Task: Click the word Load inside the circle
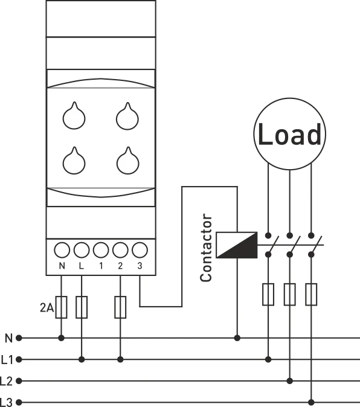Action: [x=289, y=135]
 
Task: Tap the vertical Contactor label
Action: [x=206, y=248]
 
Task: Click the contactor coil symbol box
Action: [x=237, y=244]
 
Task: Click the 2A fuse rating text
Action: [x=47, y=310]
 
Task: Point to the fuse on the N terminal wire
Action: [x=62, y=307]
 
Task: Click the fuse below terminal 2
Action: [x=120, y=307]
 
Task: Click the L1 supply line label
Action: [x=7, y=360]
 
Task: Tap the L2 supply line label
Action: [x=7, y=381]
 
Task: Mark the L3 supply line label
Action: [x=7, y=402]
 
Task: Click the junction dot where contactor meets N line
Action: [x=237, y=338]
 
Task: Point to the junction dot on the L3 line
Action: [x=312, y=402]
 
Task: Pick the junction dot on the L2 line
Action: [x=290, y=381]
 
